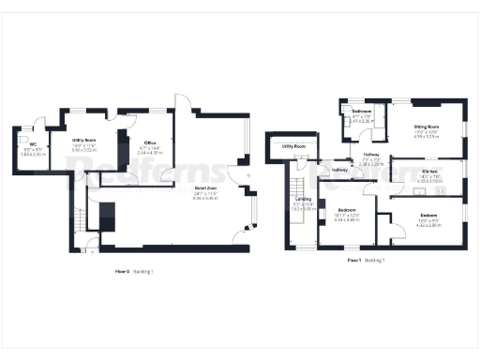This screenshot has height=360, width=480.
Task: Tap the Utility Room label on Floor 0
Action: pyautogui.click(x=84, y=140)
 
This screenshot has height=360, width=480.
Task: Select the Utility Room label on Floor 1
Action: pyautogui.click(x=293, y=146)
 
